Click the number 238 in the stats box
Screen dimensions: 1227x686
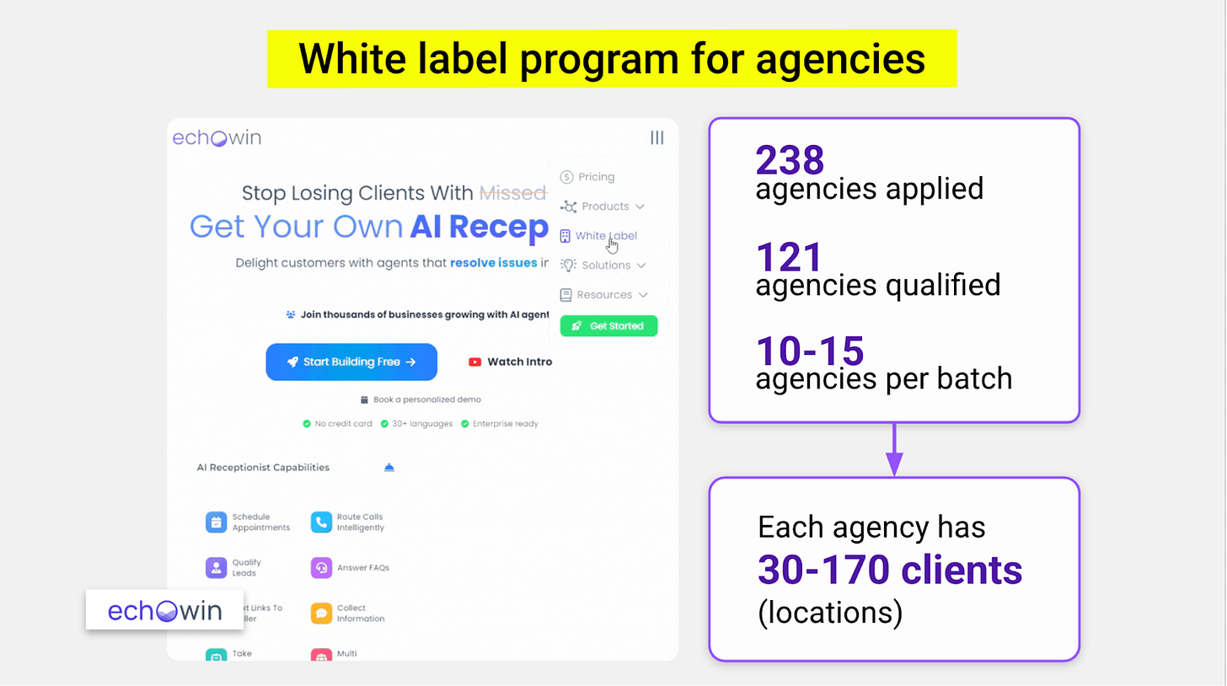point(789,160)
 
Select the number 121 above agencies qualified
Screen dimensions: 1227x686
point(789,257)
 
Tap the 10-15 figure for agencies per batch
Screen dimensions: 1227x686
point(810,351)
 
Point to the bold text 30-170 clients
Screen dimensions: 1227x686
point(889,571)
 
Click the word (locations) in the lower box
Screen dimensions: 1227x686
point(829,613)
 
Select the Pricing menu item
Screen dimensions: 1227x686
point(596,177)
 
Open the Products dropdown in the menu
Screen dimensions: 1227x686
point(604,206)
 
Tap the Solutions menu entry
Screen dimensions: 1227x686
point(605,265)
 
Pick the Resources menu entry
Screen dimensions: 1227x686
point(604,295)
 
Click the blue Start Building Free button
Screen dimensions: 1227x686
point(351,362)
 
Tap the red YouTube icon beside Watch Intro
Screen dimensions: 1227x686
point(474,362)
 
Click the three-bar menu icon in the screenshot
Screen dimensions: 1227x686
point(656,138)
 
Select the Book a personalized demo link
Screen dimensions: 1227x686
point(426,399)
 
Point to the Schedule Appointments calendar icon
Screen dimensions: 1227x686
point(216,523)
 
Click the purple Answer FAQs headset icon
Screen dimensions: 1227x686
point(321,568)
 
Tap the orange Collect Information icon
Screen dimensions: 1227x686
point(321,613)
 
